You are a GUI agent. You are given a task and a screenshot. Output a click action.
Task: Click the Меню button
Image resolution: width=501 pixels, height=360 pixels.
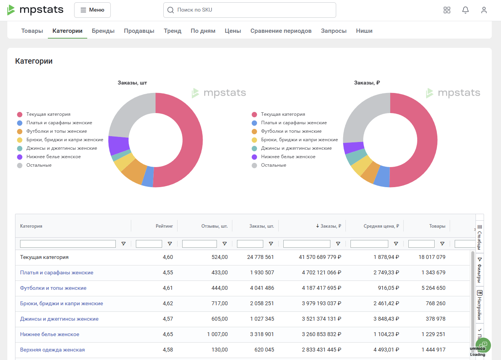[x=92, y=10]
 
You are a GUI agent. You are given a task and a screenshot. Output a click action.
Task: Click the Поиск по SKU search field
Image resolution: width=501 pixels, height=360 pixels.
[x=250, y=10]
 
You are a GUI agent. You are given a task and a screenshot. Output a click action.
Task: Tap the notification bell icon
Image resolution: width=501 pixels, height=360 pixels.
[x=465, y=10]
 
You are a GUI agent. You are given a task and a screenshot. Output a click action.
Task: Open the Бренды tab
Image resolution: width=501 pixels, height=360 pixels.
[x=103, y=30]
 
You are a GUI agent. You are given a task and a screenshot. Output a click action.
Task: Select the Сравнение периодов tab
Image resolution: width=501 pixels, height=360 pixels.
[x=281, y=30]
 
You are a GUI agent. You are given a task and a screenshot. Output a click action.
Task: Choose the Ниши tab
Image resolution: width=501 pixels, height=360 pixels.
[x=364, y=30]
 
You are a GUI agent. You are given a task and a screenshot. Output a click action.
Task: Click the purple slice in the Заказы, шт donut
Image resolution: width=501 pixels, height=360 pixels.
[x=118, y=145]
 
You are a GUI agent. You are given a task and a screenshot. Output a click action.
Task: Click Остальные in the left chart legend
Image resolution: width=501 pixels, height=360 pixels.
[x=39, y=165]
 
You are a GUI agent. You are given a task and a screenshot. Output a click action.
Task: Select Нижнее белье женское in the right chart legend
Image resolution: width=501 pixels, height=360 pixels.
[x=288, y=157]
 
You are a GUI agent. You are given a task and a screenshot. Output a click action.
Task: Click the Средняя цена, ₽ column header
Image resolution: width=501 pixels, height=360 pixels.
[x=381, y=226]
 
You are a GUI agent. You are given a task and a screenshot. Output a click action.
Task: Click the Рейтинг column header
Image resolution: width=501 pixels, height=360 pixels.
[x=164, y=226]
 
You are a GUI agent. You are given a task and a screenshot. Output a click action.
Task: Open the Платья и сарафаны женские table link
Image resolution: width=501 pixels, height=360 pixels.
[x=57, y=272]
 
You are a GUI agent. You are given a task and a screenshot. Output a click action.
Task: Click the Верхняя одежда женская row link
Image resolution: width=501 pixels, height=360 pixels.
[x=52, y=350]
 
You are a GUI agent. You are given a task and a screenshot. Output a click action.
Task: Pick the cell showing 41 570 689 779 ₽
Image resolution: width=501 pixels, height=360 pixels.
[x=320, y=257]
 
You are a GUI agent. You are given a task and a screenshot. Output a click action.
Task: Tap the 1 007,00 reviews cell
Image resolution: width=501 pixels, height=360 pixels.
[x=217, y=334]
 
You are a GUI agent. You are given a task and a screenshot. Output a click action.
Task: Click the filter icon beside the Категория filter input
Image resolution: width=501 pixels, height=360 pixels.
[x=123, y=244]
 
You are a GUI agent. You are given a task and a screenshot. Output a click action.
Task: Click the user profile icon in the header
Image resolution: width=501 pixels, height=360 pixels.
[x=484, y=10]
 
